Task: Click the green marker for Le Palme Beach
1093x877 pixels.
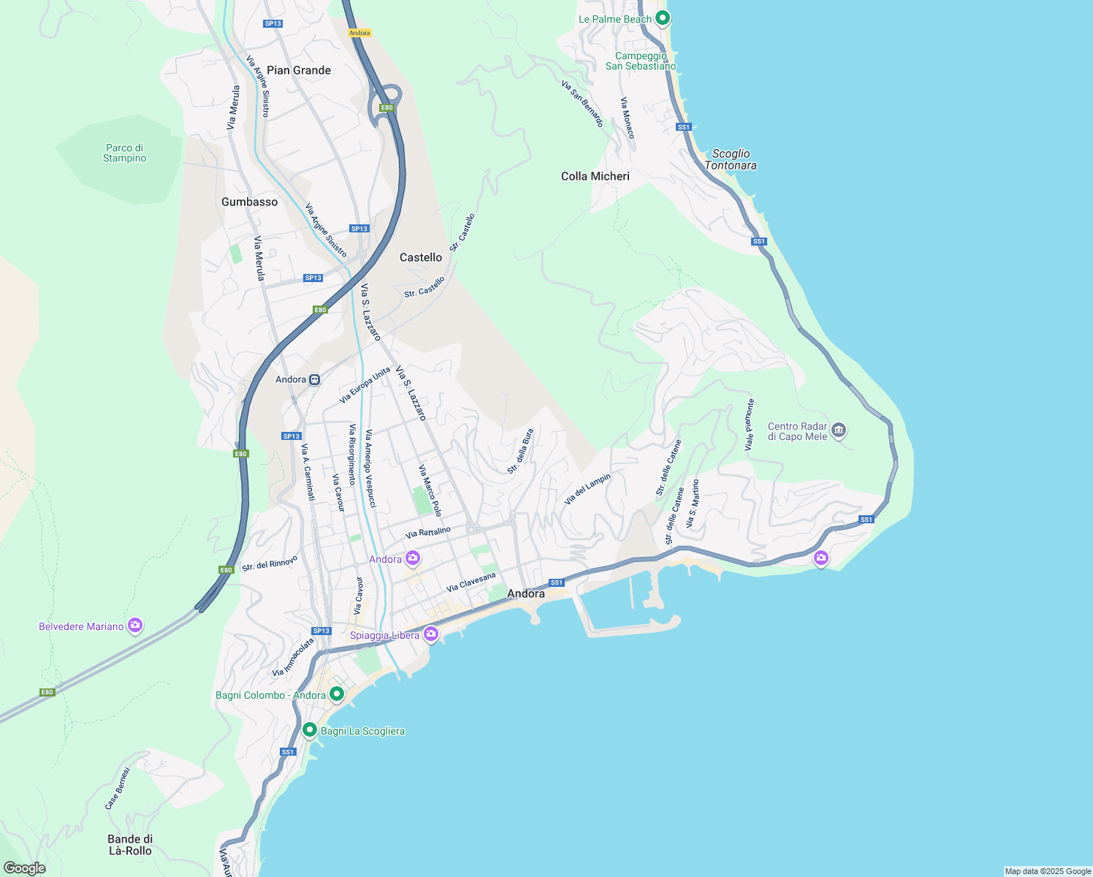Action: [663, 18]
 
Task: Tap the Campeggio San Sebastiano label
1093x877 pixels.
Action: [641, 61]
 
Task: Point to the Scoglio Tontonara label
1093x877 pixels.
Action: [731, 159]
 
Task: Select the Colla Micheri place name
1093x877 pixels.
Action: [595, 176]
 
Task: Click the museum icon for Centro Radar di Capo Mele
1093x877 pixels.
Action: [839, 430]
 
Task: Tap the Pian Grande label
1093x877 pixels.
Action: [299, 70]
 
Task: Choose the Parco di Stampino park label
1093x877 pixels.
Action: [124, 153]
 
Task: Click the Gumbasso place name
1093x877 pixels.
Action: [250, 202]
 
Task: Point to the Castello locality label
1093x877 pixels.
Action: [421, 257]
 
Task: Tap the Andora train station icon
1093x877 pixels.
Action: [314, 379]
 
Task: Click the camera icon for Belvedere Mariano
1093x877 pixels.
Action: [134, 625]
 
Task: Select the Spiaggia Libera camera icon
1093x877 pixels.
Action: [431, 634]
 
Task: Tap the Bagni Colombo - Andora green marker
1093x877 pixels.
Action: [337, 694]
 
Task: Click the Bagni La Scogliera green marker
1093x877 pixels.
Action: [310, 729]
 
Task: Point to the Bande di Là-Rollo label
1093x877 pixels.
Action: [130, 845]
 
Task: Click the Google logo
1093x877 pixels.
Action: [25, 867]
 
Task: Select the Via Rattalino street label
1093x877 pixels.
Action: [428, 533]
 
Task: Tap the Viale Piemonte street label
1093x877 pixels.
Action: [750, 425]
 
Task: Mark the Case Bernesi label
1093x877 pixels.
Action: [118, 788]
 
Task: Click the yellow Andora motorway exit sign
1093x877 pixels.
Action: [359, 33]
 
